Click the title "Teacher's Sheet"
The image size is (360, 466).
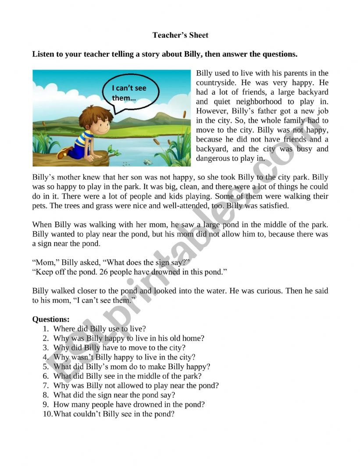180,35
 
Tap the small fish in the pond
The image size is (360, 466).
148,161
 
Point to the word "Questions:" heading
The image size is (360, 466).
51,320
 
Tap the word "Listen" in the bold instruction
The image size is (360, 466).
43,54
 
